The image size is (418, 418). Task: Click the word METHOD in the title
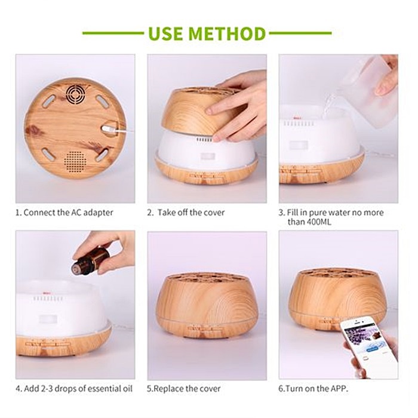coord(227,33)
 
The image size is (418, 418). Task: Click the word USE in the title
coord(165,33)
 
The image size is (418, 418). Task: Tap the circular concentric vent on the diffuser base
coord(76,94)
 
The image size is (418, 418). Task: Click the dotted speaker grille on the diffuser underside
coord(75,161)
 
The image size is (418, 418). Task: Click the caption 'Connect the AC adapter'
coord(68,213)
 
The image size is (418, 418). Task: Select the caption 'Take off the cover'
coord(191,213)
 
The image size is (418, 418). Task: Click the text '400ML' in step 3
coord(318,222)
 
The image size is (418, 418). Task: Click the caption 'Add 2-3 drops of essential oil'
coord(78,388)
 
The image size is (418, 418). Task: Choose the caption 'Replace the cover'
coord(187,388)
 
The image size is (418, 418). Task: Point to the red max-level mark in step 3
coord(297,118)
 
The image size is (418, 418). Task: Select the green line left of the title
coord(113,33)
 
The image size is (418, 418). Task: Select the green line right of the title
coord(300,33)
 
